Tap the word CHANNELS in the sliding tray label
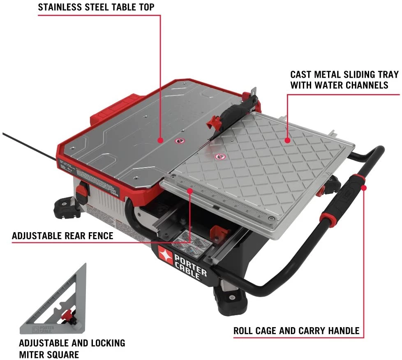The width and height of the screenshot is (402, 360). [367, 85]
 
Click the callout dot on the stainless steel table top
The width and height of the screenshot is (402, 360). [161, 140]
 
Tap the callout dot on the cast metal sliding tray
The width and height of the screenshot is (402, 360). [287, 140]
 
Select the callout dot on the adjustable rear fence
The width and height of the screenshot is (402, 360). [190, 190]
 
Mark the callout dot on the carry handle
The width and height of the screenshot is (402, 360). [363, 187]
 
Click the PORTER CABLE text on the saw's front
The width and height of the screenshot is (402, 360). [190, 268]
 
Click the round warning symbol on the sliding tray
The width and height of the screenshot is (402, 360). [220, 157]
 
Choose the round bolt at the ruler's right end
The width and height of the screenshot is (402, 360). [272, 218]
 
